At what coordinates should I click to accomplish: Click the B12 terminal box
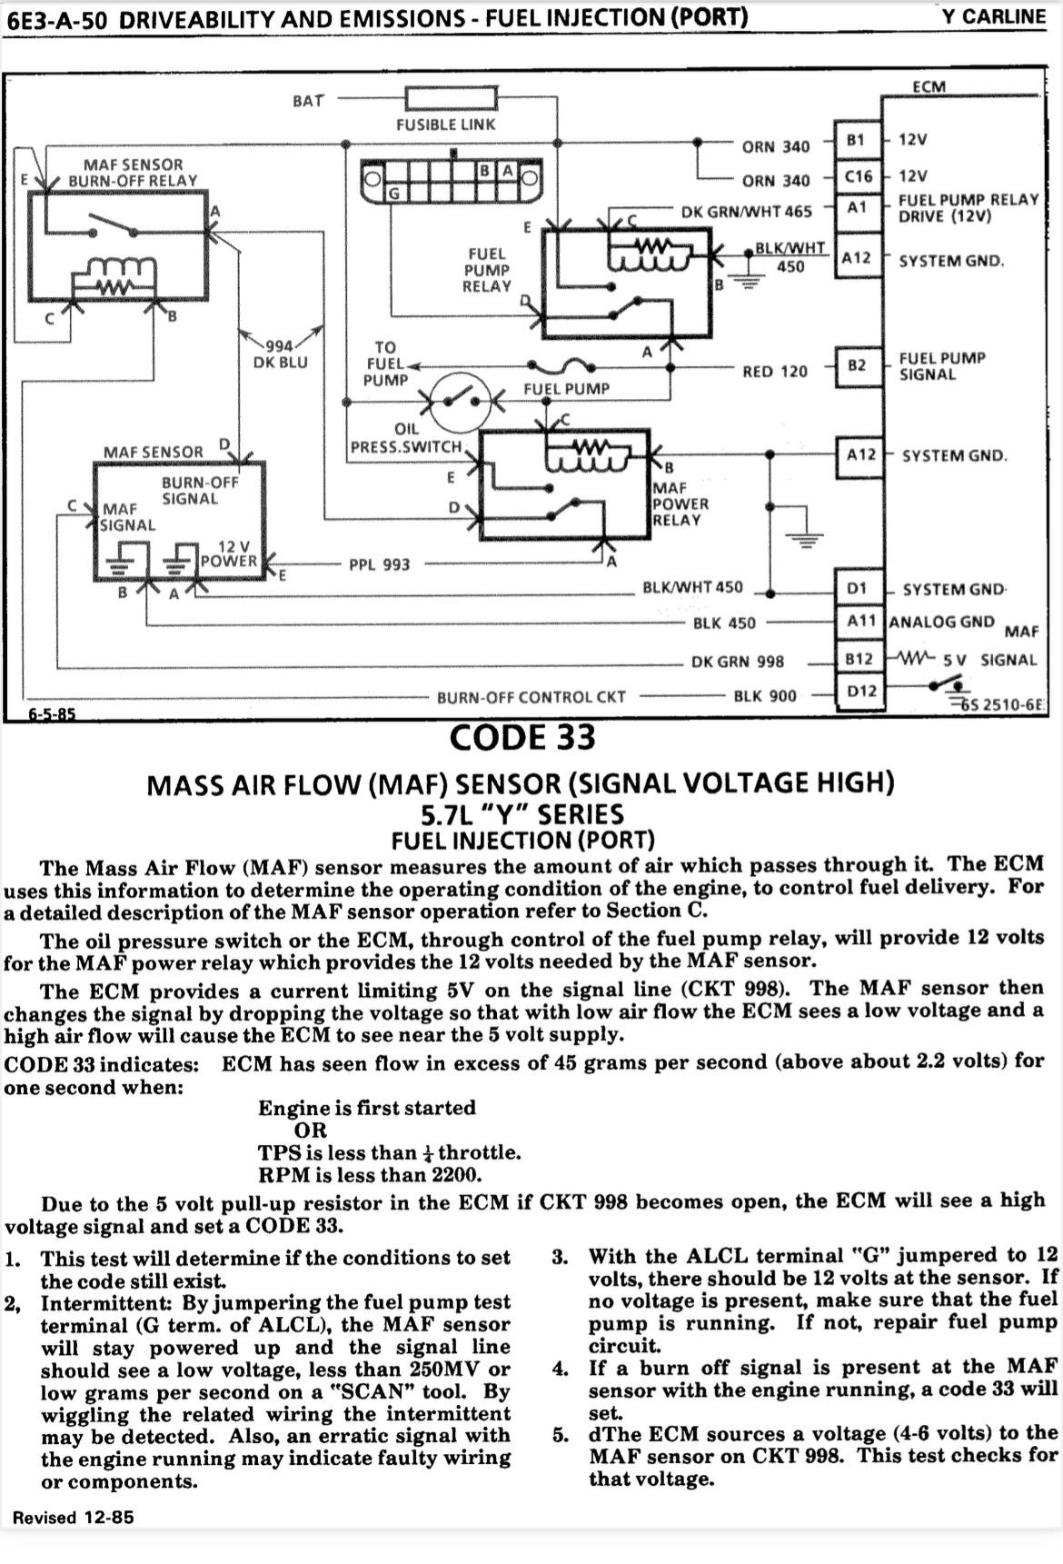click(859, 658)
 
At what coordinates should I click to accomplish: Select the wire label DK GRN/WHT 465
click(747, 212)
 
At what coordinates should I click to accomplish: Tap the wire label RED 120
click(775, 371)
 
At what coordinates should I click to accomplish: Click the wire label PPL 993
click(380, 565)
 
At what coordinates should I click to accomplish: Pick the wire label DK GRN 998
click(737, 662)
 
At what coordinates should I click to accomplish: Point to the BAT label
click(308, 101)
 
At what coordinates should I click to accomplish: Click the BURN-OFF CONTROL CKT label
click(531, 697)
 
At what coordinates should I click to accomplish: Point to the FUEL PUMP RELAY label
click(488, 270)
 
